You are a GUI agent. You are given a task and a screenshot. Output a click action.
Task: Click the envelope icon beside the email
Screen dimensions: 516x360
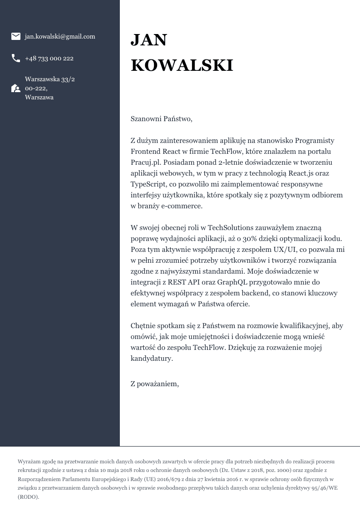16,36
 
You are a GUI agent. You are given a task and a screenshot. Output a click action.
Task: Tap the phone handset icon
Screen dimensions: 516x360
16,58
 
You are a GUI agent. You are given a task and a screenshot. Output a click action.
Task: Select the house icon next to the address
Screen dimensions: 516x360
16,88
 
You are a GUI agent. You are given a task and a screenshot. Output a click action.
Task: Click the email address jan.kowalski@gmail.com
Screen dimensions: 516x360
60,36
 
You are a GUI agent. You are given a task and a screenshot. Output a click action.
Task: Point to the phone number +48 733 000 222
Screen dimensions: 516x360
49,58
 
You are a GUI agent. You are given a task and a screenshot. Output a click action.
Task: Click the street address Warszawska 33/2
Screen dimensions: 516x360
50,79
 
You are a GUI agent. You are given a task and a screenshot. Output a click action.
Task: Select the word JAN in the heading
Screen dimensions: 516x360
149,40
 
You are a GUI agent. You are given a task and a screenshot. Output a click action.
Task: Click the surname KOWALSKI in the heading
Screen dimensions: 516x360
182,65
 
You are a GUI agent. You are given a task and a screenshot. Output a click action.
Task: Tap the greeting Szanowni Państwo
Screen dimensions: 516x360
161,119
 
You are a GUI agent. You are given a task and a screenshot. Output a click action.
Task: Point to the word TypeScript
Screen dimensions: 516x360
148,184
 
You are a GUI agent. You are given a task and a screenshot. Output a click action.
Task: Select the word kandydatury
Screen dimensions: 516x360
152,359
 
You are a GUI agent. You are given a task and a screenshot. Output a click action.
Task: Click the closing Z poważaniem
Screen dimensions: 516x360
155,384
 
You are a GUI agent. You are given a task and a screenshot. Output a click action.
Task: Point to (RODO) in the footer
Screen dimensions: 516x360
29,497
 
